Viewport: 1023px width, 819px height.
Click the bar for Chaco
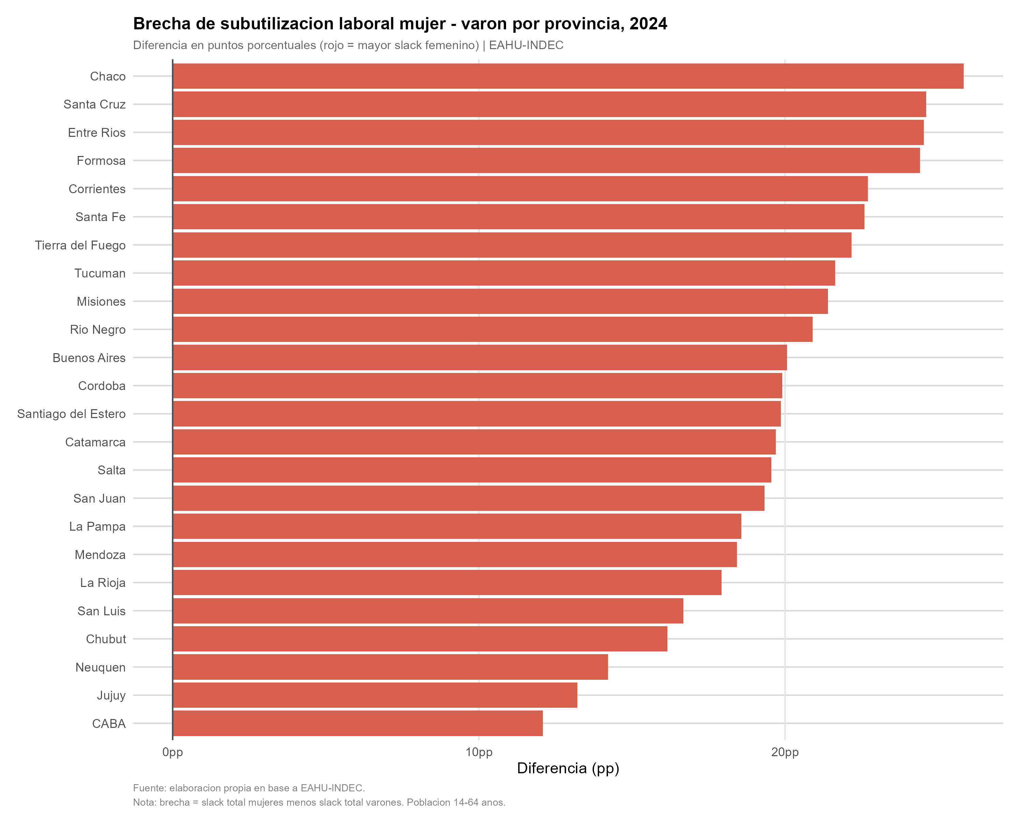pyautogui.click(x=568, y=76)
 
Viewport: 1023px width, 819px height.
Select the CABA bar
pyautogui.click(x=358, y=723)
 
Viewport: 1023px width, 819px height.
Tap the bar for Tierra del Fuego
pyautogui.click(x=512, y=245)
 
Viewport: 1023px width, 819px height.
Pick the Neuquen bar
pyautogui.click(x=390, y=667)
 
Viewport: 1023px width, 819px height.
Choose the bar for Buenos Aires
pyautogui.click(x=480, y=358)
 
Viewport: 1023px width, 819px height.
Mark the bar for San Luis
pyautogui.click(x=428, y=610)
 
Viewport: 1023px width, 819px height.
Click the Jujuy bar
pyautogui.click(x=375, y=695)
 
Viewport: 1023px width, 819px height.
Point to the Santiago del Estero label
pyautogui.click(x=71, y=414)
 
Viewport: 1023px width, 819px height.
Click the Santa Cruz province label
pyautogui.click(x=94, y=104)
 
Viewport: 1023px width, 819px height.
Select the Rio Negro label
pyautogui.click(x=98, y=330)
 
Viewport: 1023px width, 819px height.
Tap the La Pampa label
pyautogui.click(x=97, y=527)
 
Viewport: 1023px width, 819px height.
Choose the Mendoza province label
pyautogui.click(x=100, y=555)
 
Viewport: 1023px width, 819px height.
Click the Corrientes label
pyautogui.click(x=97, y=189)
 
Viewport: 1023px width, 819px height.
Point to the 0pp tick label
pyautogui.click(x=173, y=752)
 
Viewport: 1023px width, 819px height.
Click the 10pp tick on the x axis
pyautogui.click(x=479, y=752)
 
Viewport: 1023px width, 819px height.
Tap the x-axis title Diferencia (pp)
pyautogui.click(x=568, y=768)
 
